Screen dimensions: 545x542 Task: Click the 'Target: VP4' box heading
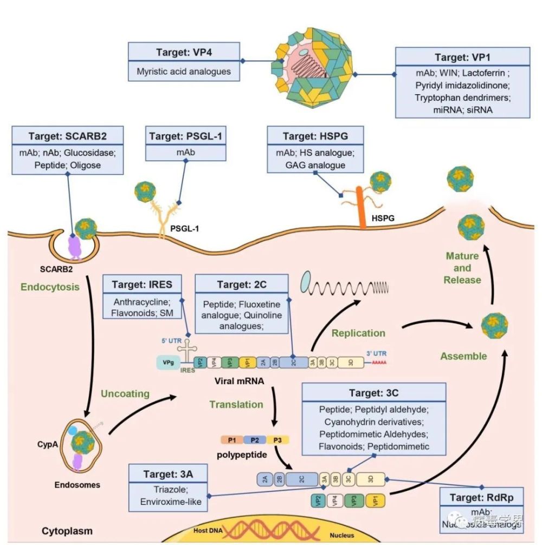click(x=184, y=54)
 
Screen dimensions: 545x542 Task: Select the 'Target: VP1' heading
click(x=462, y=57)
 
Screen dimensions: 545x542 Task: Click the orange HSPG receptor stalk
click(x=362, y=206)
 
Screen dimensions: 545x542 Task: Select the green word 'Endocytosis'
click(x=50, y=287)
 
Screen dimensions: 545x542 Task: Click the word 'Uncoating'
click(x=125, y=393)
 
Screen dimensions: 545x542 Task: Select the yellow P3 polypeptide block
click(x=278, y=440)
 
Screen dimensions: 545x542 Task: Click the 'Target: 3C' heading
click(x=373, y=392)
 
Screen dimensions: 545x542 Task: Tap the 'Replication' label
click(x=358, y=333)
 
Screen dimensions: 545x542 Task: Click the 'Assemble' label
click(x=463, y=356)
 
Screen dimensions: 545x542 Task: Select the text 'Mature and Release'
click(x=462, y=268)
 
